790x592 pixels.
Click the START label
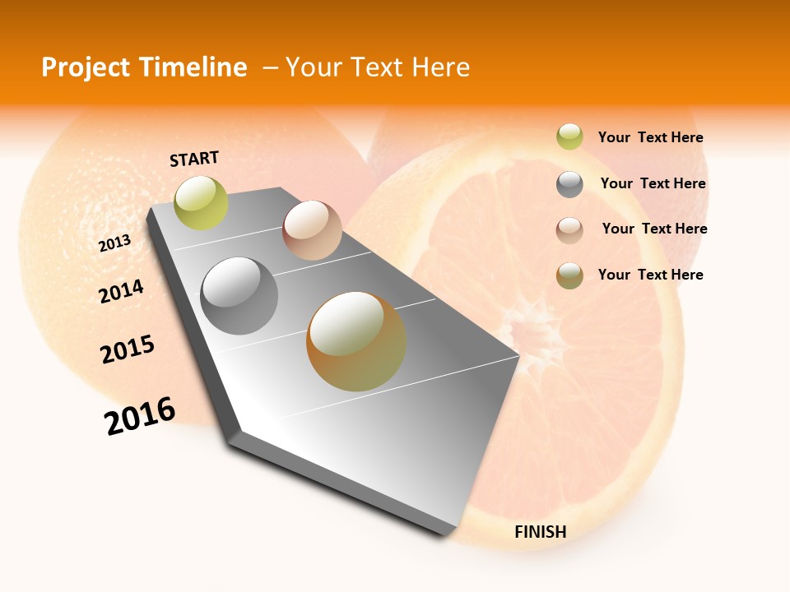click(x=194, y=159)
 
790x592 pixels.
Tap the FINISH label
click(x=540, y=532)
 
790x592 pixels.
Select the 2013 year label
click(x=115, y=243)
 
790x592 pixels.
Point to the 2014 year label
click(x=121, y=291)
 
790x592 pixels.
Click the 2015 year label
click(x=128, y=349)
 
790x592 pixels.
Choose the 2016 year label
click(x=140, y=415)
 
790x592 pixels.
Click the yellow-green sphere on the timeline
click(x=201, y=203)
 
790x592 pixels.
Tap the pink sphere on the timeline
click(x=312, y=230)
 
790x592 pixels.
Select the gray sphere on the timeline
click(x=239, y=296)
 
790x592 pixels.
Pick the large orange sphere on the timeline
click(x=356, y=341)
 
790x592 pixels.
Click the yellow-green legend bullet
click(x=569, y=136)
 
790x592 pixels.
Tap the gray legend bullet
click(x=569, y=184)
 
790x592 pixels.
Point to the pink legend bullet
click(x=569, y=230)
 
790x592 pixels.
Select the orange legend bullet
click(x=569, y=275)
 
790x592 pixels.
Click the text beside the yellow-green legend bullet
click(x=650, y=137)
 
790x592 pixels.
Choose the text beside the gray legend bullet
click(x=653, y=183)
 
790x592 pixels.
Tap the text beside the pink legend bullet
click(x=654, y=229)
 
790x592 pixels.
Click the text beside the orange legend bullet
click(x=650, y=275)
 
